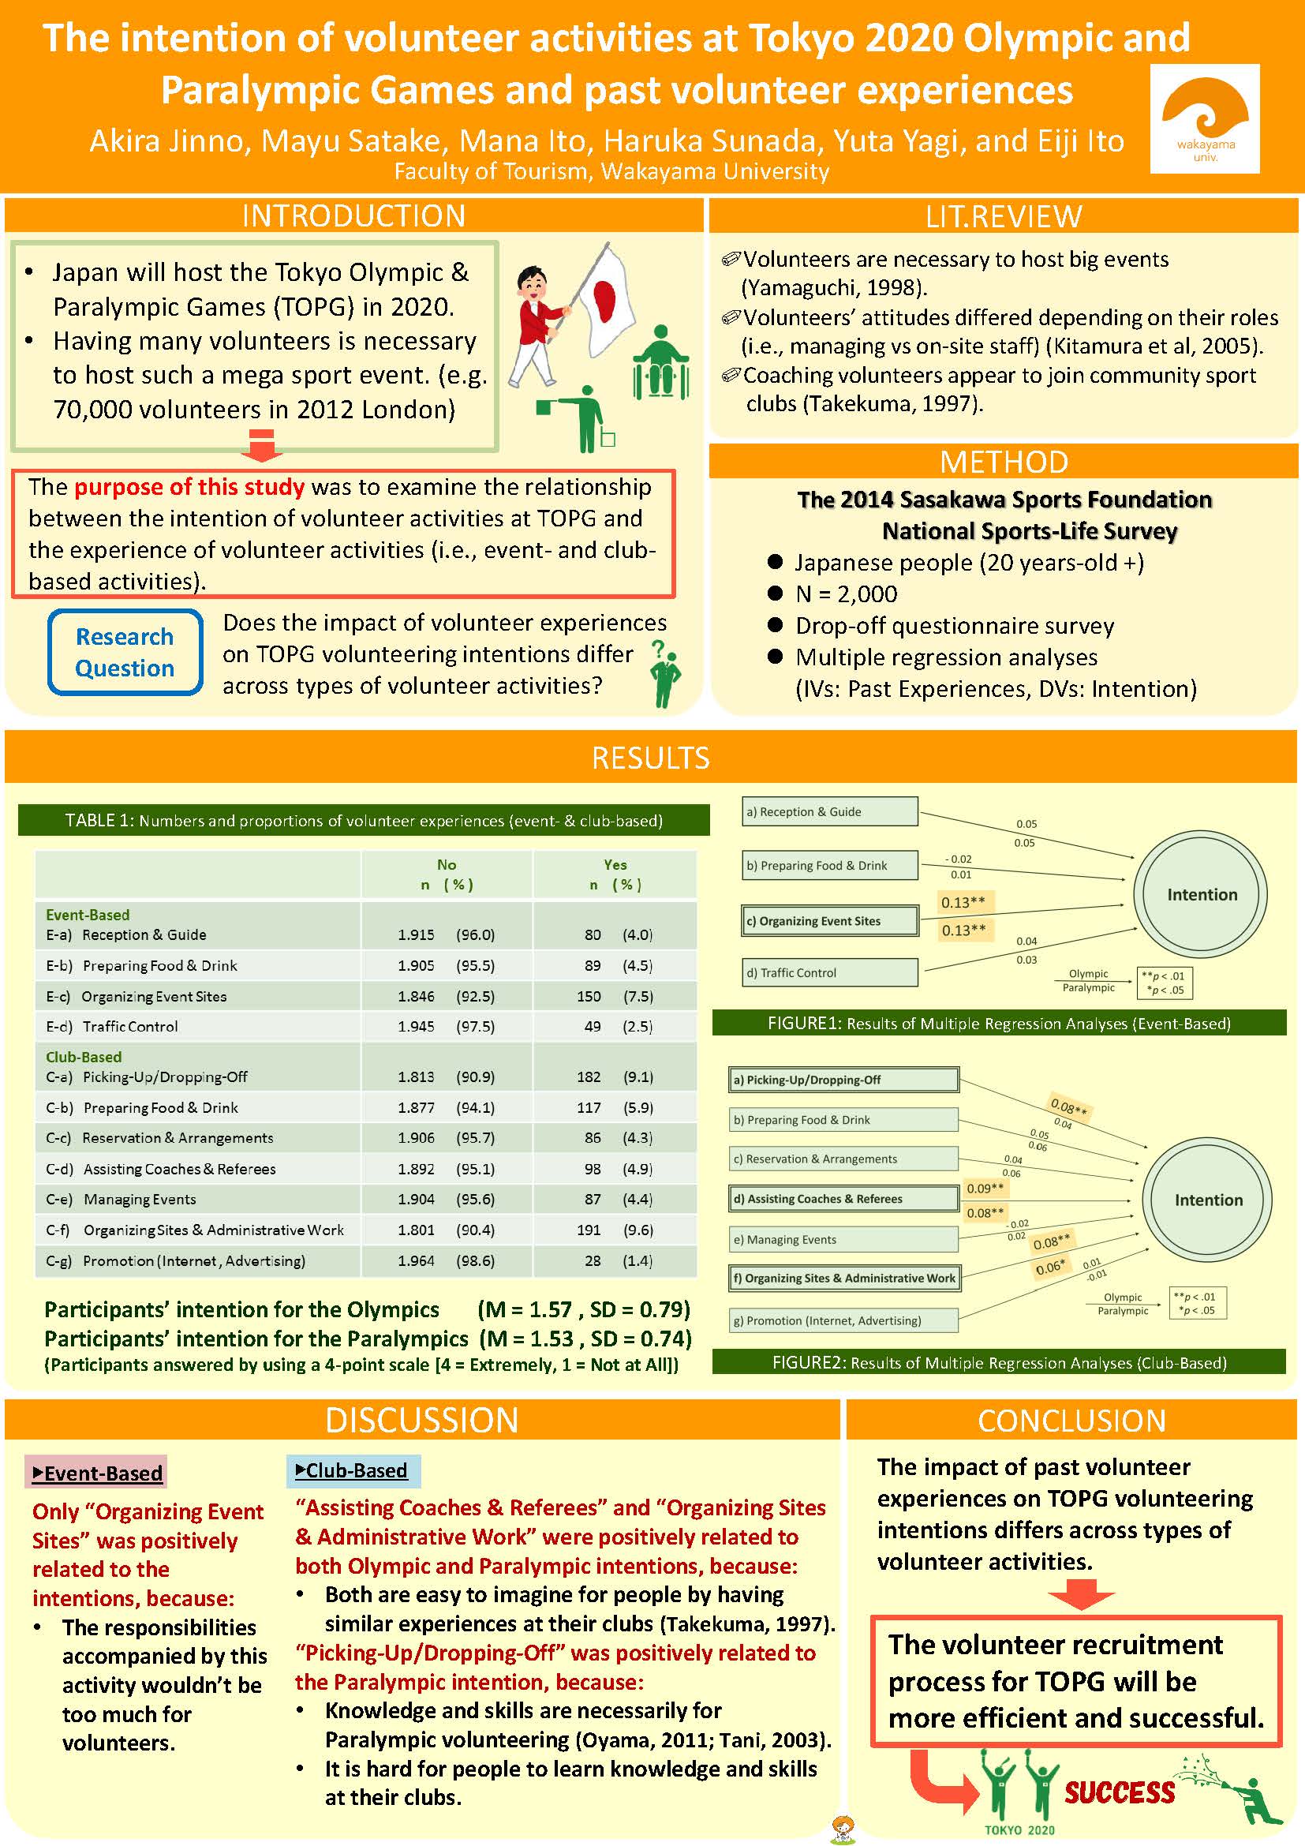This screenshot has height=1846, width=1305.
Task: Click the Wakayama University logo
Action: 1205,119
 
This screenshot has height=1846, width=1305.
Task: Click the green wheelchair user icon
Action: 660,362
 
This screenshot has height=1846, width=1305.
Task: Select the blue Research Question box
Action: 125,652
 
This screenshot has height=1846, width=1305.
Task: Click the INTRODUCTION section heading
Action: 353,215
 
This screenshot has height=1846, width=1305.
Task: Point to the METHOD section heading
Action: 1004,462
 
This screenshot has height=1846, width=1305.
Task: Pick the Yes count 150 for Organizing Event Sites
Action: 589,996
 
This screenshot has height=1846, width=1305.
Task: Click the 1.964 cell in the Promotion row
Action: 417,1260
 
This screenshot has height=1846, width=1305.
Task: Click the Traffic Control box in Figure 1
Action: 829,973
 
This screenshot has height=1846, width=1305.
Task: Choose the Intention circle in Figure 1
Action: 1202,894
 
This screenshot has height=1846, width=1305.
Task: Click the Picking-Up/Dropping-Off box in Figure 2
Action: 843,1080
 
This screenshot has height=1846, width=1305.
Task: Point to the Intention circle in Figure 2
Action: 1208,1200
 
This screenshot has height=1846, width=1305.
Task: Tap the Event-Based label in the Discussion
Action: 96,1473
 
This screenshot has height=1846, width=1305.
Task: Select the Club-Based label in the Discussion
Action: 353,1470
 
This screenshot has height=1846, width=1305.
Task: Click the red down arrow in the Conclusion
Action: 1082,1593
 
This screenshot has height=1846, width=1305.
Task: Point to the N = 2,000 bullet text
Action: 845,594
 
